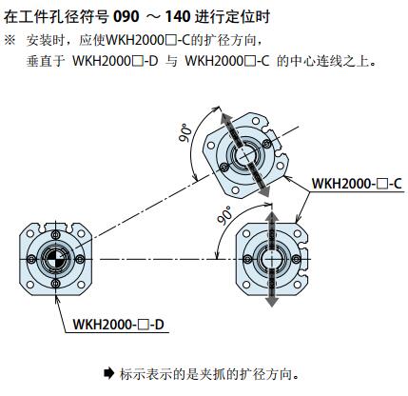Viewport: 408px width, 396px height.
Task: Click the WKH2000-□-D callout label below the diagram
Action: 118,325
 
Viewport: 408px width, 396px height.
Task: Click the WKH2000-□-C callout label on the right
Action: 357,184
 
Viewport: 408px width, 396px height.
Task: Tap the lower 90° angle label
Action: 224,215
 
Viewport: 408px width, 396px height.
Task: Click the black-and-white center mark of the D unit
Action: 55,259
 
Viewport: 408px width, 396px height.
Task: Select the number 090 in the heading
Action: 126,16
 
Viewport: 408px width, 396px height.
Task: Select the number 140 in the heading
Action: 178,16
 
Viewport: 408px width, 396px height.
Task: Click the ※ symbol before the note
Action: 10,41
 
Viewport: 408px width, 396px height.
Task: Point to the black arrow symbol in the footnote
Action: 108,373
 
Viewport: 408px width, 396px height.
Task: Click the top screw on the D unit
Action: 56,235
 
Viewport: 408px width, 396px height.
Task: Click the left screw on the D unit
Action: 31,259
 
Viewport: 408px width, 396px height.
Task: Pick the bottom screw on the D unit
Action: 56,284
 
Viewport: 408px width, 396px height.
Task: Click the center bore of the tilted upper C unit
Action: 245,154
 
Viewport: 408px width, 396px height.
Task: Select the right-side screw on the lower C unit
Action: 297,259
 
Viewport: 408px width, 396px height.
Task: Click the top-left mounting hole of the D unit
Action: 30,234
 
